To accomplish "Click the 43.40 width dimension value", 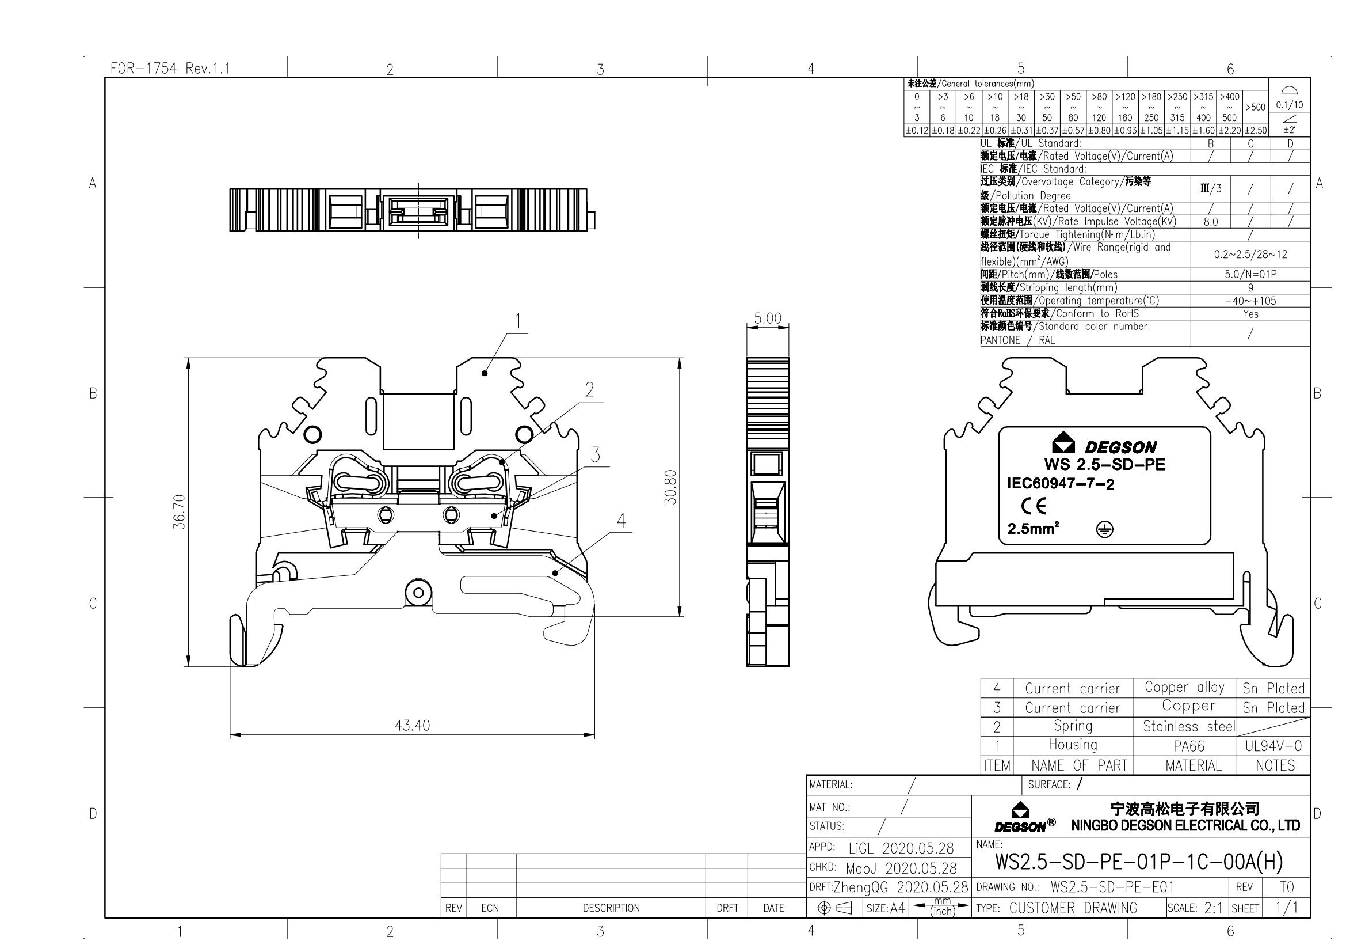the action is click(x=412, y=726).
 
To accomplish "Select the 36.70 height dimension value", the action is click(x=180, y=512).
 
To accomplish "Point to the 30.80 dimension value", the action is click(x=671, y=487).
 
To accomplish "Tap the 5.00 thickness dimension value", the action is click(x=768, y=318).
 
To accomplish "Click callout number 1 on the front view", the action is click(x=518, y=321).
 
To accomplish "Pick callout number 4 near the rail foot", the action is click(x=621, y=520).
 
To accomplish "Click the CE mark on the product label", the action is click(x=1033, y=506).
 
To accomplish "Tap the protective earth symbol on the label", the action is click(x=1104, y=530).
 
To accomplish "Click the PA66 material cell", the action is click(x=1189, y=746).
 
